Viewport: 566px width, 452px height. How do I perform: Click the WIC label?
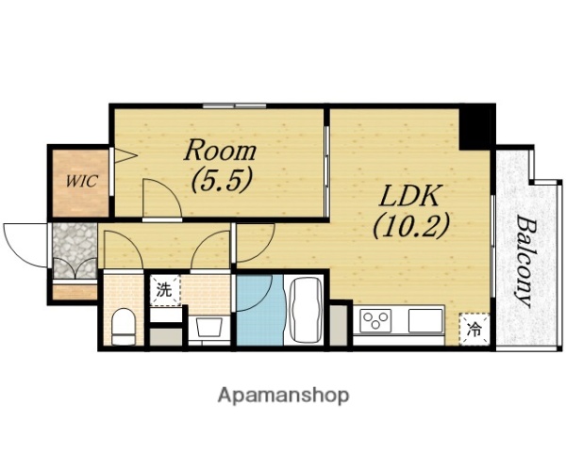(x=81, y=181)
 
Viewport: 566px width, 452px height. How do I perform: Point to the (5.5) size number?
(x=221, y=180)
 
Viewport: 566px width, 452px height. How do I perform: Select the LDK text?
(x=410, y=196)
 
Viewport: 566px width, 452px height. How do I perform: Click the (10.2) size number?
(x=411, y=226)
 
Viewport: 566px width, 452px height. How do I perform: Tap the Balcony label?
(x=524, y=262)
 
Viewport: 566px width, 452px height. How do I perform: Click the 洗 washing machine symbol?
(x=164, y=291)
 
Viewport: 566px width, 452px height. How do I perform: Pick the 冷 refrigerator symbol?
(x=474, y=329)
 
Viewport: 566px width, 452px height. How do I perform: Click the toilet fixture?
(x=123, y=327)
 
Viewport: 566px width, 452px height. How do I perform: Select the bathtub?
(x=307, y=310)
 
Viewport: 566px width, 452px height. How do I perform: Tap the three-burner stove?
(x=375, y=320)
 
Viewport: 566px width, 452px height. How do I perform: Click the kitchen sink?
(x=425, y=320)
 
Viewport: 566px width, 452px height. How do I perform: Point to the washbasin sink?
(x=208, y=327)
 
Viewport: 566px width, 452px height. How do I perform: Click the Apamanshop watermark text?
(x=283, y=395)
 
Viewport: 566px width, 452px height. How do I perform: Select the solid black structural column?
(x=476, y=127)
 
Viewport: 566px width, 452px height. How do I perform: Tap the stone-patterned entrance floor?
(x=75, y=250)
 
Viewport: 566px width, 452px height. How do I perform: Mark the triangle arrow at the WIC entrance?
(x=125, y=155)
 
